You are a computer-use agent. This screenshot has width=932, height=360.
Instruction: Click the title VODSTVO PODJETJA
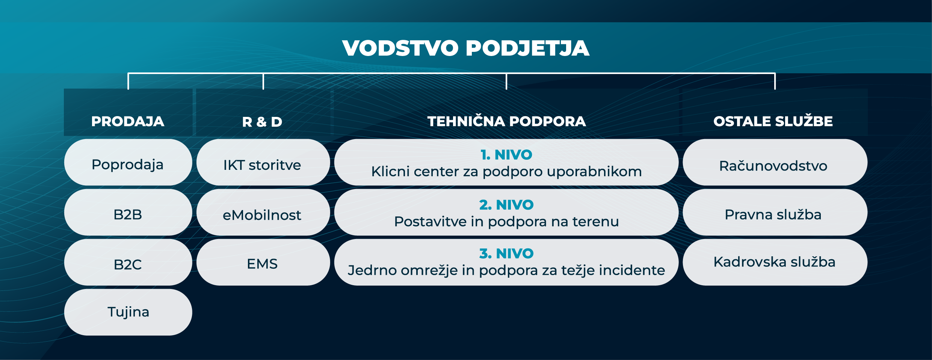(x=465, y=48)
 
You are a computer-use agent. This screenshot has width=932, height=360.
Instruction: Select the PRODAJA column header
(x=128, y=121)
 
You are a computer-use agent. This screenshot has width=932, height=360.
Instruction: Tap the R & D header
(x=262, y=122)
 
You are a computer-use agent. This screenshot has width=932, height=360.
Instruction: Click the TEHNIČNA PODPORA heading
(x=506, y=121)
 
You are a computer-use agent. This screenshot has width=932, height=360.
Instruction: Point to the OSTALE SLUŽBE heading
(x=773, y=121)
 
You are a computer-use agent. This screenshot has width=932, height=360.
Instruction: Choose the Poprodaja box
(x=128, y=162)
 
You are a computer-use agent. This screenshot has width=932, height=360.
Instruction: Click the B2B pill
(x=128, y=213)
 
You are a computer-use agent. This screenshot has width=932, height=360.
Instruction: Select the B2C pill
(x=128, y=263)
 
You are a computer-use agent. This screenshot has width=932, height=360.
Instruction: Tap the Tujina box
(x=128, y=312)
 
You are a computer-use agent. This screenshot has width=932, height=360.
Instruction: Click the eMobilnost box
(x=263, y=213)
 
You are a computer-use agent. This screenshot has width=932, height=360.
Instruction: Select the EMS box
(x=263, y=263)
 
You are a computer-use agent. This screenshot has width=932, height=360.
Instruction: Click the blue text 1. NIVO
(x=506, y=155)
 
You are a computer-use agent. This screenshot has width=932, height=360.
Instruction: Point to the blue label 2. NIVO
(x=506, y=205)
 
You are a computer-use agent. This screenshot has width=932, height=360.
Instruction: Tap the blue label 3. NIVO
(x=506, y=254)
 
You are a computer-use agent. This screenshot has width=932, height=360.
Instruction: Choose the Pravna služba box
(x=774, y=213)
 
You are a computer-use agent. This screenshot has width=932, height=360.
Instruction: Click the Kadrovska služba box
(x=774, y=262)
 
